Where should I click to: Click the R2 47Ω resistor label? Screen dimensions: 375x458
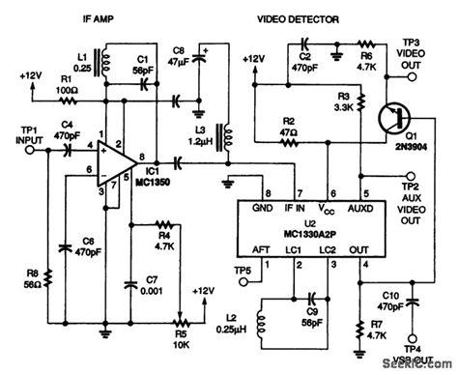291,128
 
